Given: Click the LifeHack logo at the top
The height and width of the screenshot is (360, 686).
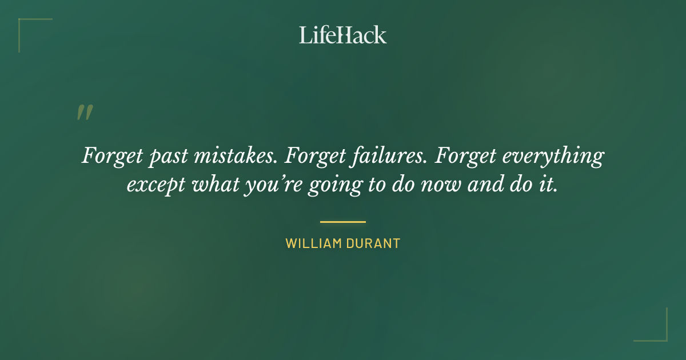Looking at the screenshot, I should tap(343, 35).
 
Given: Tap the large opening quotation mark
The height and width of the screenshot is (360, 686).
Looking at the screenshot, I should tap(84, 113).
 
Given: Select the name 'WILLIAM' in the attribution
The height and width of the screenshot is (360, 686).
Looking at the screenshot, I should tap(313, 243).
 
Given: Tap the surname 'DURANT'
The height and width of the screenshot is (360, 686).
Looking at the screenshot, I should tap(373, 243).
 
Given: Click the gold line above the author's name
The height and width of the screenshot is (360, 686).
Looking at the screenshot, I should tap(343, 222).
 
